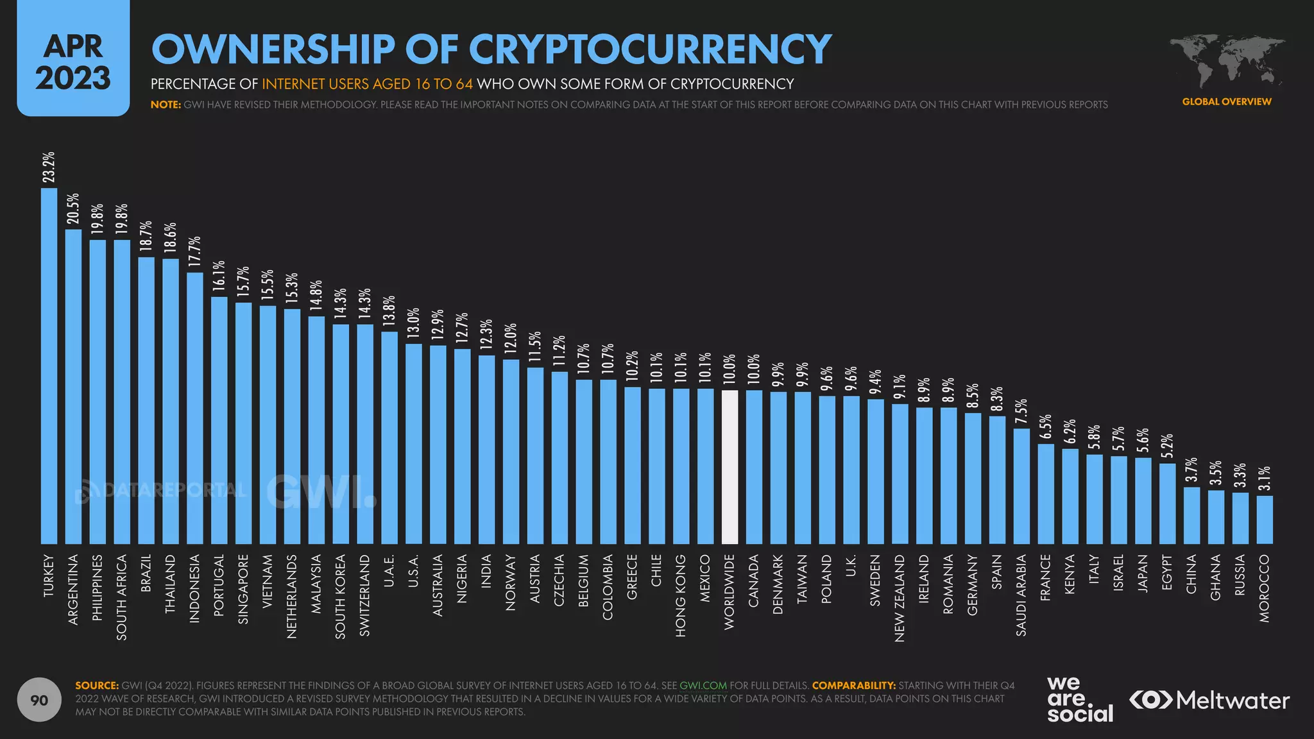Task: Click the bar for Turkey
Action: (49, 366)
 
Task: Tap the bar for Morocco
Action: (1265, 520)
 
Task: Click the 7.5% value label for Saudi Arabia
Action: (1021, 412)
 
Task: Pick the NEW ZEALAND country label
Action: (900, 598)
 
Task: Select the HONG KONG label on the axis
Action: (681, 595)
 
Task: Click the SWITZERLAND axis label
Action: (364, 595)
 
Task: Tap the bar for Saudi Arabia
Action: (1021, 486)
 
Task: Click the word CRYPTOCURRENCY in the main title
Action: (649, 49)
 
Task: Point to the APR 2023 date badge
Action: (73, 62)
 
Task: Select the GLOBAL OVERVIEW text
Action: (1226, 101)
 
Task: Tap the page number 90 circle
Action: (40, 700)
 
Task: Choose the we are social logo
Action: (1079, 699)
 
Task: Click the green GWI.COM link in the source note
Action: (703, 685)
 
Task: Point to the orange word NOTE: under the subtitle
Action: (166, 105)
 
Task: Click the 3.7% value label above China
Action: (1191, 470)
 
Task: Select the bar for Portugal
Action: (219, 420)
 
